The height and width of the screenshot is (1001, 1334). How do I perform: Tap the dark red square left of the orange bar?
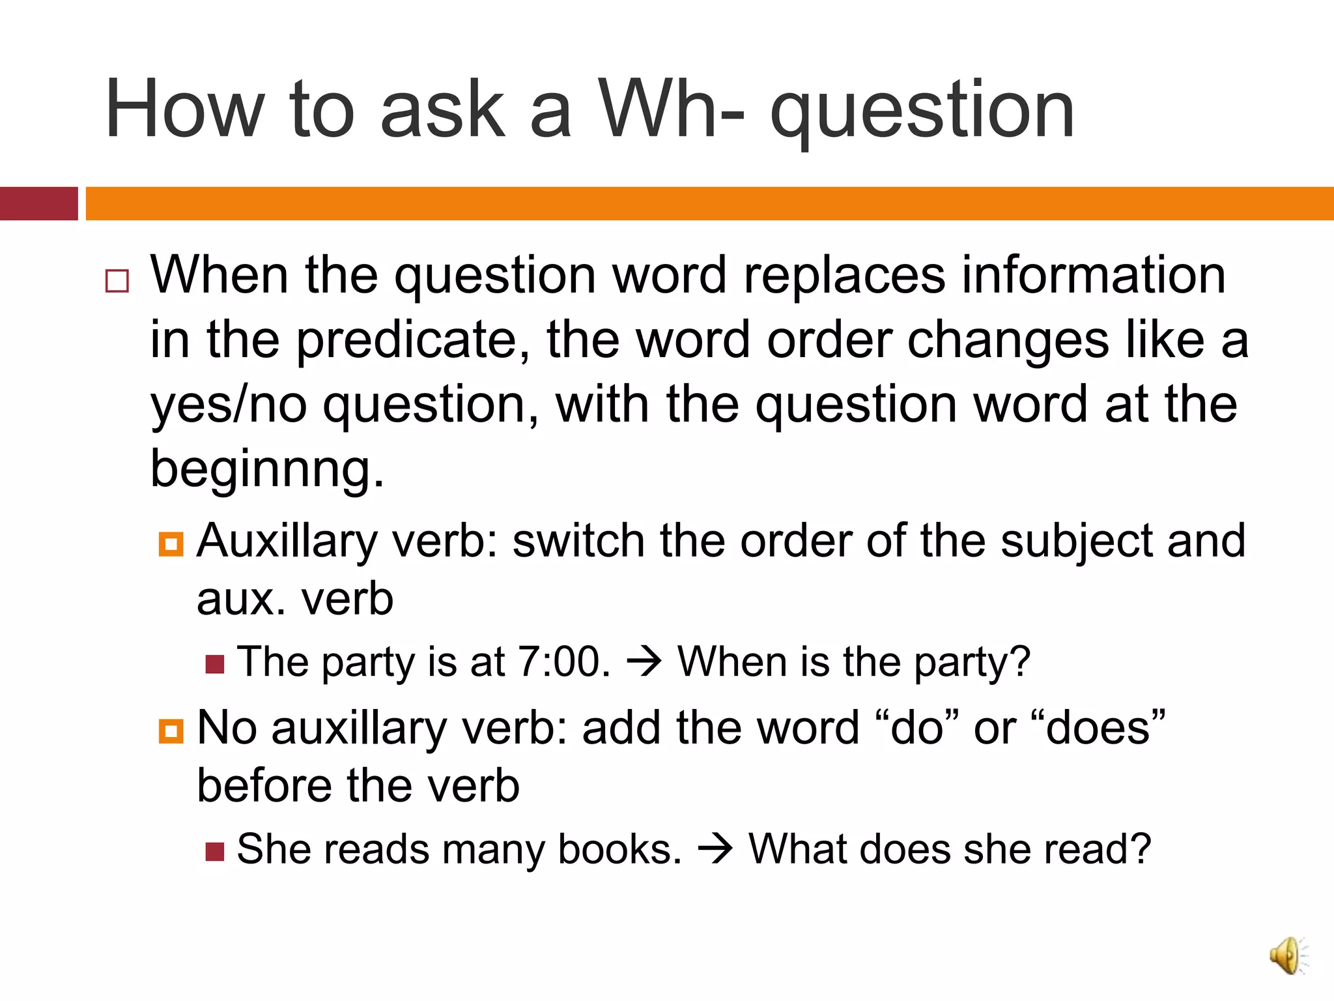point(38,203)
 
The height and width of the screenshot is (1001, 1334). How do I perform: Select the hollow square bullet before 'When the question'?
point(117,281)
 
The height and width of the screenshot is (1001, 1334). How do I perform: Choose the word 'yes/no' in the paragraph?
point(229,404)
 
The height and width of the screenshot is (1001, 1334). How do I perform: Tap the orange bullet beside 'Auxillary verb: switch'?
point(171,544)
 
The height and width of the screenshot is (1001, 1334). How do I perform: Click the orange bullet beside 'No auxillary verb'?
point(171,731)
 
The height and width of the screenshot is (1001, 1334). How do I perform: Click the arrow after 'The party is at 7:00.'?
point(644,662)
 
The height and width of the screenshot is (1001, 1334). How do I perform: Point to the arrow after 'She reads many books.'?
point(715,850)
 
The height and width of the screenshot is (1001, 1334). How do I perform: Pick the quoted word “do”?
point(917,727)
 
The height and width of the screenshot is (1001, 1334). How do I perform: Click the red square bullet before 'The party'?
point(215,664)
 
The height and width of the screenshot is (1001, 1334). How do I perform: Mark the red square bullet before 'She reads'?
point(215,851)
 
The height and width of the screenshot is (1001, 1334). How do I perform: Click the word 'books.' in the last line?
point(619,849)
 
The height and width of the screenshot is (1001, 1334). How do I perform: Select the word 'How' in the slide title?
point(185,109)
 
